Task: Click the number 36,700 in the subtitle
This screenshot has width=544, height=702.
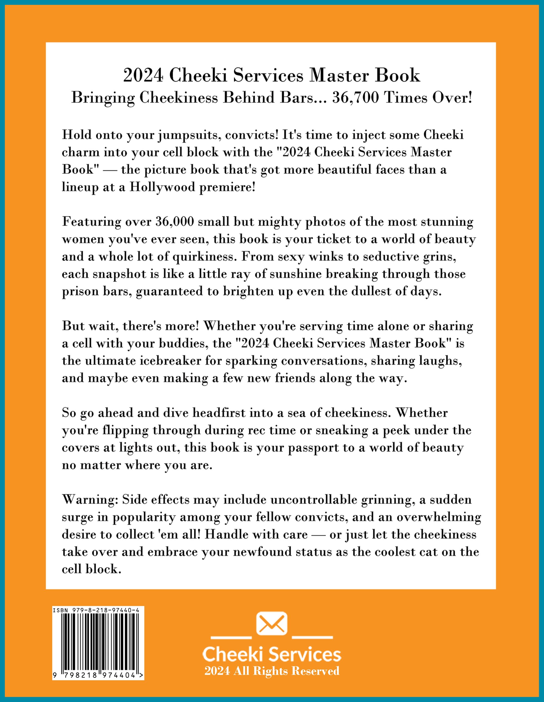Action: [x=356, y=98]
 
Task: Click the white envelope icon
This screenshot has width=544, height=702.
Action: [x=271, y=624]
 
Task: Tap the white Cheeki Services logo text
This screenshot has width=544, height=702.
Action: [x=271, y=654]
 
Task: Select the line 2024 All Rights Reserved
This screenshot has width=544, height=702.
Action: [x=272, y=671]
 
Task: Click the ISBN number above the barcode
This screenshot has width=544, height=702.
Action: [x=96, y=610]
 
